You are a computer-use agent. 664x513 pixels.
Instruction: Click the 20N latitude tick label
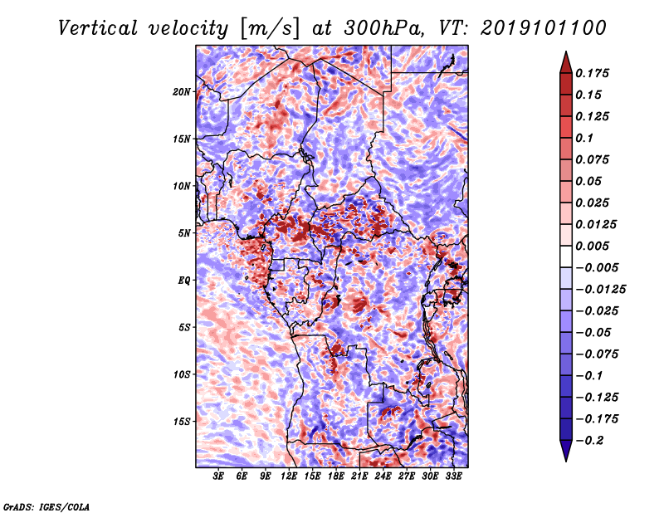182,92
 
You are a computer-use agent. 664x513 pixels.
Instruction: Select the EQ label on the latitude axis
183,281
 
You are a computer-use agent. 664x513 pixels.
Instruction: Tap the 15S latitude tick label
182,422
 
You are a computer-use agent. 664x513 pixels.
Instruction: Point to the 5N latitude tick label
184,233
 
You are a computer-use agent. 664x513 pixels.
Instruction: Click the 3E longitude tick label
218,476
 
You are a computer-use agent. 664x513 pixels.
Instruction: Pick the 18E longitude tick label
336,476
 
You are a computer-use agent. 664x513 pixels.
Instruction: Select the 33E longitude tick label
453,476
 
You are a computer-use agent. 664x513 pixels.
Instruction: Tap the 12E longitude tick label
289,476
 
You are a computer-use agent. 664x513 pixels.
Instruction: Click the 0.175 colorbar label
592,73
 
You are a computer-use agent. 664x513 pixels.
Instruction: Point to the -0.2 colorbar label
589,441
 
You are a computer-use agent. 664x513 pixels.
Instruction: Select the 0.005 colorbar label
592,246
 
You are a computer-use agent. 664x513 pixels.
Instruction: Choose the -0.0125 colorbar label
600,290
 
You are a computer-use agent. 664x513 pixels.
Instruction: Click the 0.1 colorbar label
584,138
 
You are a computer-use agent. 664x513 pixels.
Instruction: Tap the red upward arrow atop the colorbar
566,62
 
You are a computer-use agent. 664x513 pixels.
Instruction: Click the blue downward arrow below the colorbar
566,451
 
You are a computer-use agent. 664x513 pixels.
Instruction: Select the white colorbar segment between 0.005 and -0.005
566,256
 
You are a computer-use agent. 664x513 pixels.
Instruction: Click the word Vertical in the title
98,28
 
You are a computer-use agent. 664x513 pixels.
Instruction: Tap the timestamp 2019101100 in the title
544,28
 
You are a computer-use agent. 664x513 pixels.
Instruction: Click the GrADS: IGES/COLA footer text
46,506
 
